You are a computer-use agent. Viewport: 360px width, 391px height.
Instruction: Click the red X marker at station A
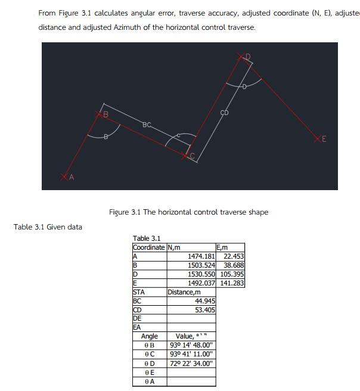[65, 176]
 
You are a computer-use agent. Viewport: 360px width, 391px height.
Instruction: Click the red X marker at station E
[318, 139]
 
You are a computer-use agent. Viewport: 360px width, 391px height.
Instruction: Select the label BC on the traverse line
[147, 125]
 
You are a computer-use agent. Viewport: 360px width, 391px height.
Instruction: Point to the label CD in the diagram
[225, 112]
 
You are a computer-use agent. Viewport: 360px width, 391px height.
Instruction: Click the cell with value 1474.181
[201, 256]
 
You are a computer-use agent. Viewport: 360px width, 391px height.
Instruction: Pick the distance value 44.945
[204, 301]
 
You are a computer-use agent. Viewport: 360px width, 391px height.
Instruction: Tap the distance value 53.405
[204, 310]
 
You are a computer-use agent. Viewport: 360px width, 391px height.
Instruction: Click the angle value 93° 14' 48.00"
[191, 345]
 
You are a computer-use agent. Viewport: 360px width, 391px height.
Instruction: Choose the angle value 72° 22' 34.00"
[191, 363]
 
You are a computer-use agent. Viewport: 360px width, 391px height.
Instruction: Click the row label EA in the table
[138, 328]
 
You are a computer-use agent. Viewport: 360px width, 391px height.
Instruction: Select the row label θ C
[149, 354]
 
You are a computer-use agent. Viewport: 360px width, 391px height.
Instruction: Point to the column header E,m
[222, 247]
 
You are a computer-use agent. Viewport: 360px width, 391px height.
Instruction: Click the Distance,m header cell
[184, 292]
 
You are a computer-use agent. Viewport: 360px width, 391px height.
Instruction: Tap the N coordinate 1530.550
[201, 274]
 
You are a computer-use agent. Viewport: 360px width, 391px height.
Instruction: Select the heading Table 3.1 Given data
[48, 226]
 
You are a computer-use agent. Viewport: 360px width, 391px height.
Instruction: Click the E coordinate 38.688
[233, 265]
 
